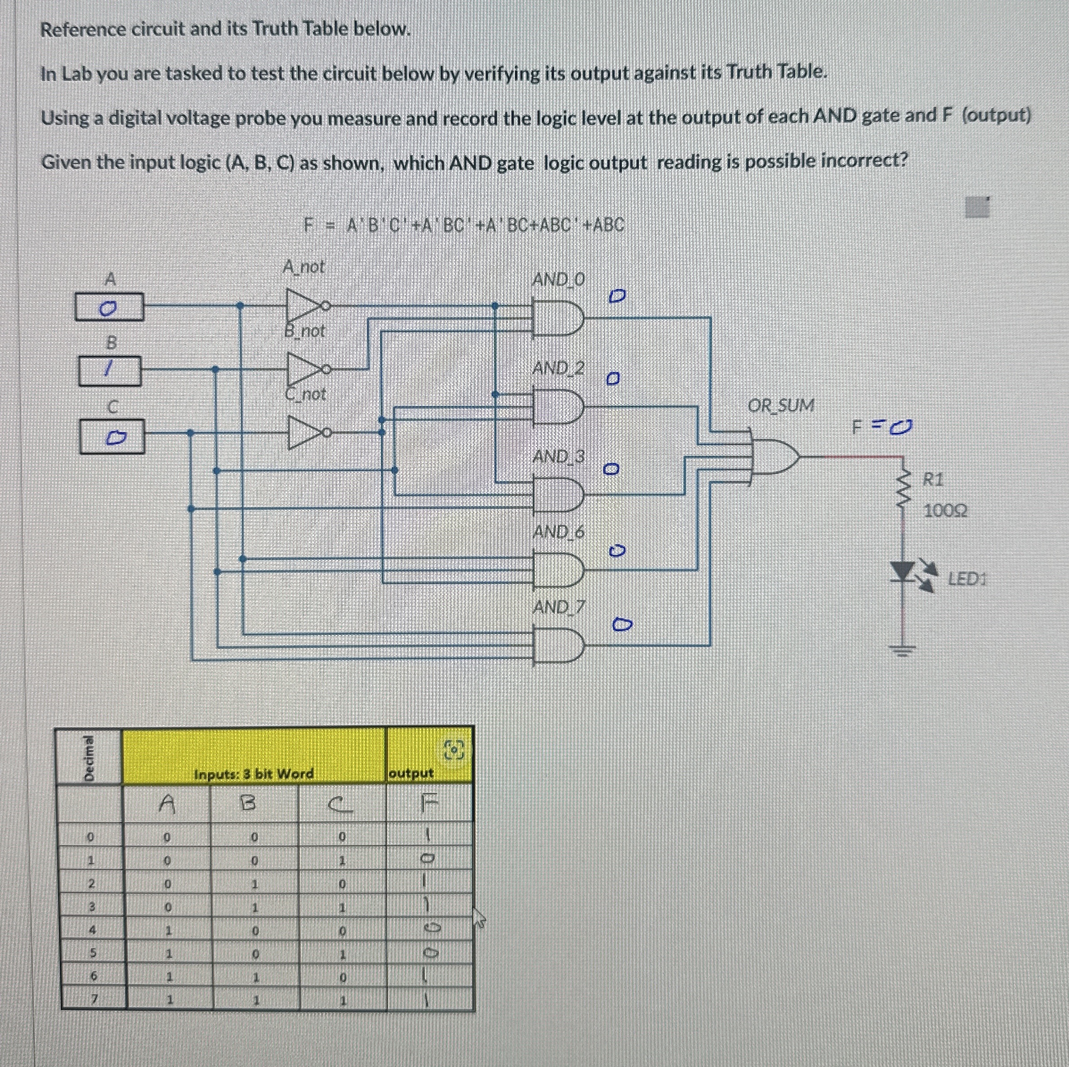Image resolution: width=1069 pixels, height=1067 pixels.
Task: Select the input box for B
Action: [x=110, y=371]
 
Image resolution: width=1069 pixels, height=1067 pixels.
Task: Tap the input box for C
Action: [x=112, y=436]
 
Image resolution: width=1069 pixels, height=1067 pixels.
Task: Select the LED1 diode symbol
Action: [x=904, y=571]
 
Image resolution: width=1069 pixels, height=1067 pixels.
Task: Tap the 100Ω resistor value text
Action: [x=945, y=511]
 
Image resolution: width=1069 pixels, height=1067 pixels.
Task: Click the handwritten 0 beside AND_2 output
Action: [x=613, y=379]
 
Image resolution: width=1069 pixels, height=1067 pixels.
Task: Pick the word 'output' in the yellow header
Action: [x=411, y=773]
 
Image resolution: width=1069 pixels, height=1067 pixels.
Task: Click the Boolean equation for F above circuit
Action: [x=464, y=225]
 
